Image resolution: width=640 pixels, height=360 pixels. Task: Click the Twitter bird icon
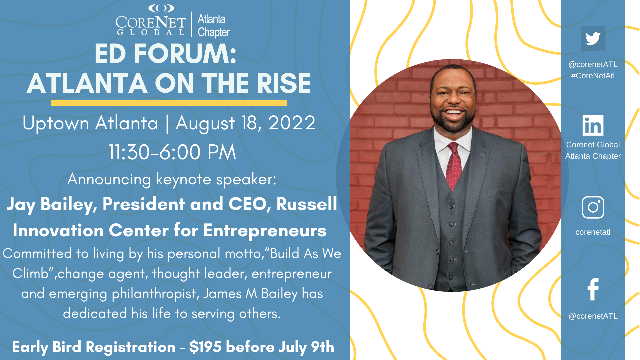tap(593, 39)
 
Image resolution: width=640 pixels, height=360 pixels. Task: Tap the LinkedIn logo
tap(593, 125)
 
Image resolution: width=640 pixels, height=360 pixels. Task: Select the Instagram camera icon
tap(593, 207)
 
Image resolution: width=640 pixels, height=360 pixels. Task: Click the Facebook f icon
tap(593, 289)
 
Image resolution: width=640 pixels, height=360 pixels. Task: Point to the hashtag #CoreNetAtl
tap(593, 76)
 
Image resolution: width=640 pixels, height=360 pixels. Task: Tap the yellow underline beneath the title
tap(169, 103)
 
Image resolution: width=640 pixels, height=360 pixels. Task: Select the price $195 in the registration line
tap(205, 347)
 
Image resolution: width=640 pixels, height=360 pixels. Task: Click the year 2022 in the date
tap(292, 123)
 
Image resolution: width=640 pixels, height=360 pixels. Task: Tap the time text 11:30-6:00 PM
tap(172, 152)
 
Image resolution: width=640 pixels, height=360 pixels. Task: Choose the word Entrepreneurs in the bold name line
tap(265, 231)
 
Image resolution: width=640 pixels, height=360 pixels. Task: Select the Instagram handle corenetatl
tap(593, 232)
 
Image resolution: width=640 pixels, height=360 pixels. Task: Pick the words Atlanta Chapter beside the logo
tap(213, 26)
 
